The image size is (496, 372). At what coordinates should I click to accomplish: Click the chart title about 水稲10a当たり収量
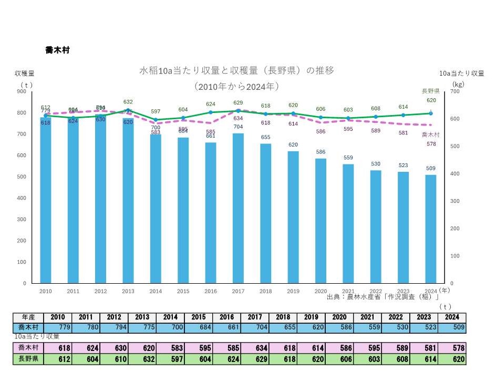pyautogui.click(x=236, y=70)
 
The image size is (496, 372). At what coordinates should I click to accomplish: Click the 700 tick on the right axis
pyautogui.click(x=455, y=91)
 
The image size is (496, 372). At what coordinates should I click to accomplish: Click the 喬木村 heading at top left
pyautogui.click(x=57, y=50)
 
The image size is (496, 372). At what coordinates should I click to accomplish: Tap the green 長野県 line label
pyautogui.click(x=431, y=91)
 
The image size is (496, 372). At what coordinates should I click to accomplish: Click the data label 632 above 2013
pyautogui.click(x=128, y=102)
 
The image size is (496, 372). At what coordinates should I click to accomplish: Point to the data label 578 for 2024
pyautogui.click(x=431, y=143)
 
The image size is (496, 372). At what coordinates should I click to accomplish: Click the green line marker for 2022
pyautogui.click(x=376, y=117)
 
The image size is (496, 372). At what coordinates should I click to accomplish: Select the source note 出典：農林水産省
pyautogui.click(x=383, y=297)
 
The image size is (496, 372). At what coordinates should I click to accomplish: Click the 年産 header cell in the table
pyautogui.click(x=28, y=317)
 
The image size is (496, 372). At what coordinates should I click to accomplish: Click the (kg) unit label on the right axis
pyautogui.click(x=458, y=83)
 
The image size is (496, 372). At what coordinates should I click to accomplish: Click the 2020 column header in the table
pyautogui.click(x=338, y=317)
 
